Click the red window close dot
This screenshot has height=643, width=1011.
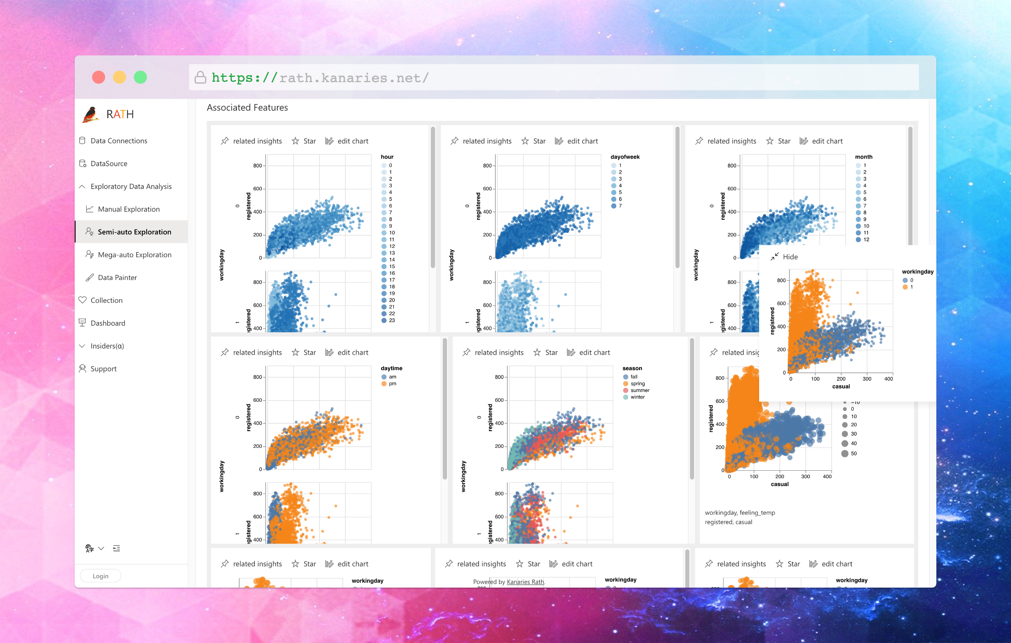98,77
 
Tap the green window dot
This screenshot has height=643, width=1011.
140,77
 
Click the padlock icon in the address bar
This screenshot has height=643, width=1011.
200,77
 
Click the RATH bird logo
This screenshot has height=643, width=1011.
91,114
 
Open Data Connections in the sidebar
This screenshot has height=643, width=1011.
119,141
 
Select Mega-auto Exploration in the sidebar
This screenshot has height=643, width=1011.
135,254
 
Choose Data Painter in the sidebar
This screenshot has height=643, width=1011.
117,277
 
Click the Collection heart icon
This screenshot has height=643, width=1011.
83,300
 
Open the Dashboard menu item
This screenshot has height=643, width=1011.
108,323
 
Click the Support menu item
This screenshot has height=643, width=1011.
103,369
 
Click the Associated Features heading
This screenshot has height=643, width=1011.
247,108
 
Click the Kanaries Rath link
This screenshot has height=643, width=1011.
525,582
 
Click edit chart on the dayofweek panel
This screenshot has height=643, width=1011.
577,141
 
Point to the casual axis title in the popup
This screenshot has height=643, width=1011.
841,386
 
